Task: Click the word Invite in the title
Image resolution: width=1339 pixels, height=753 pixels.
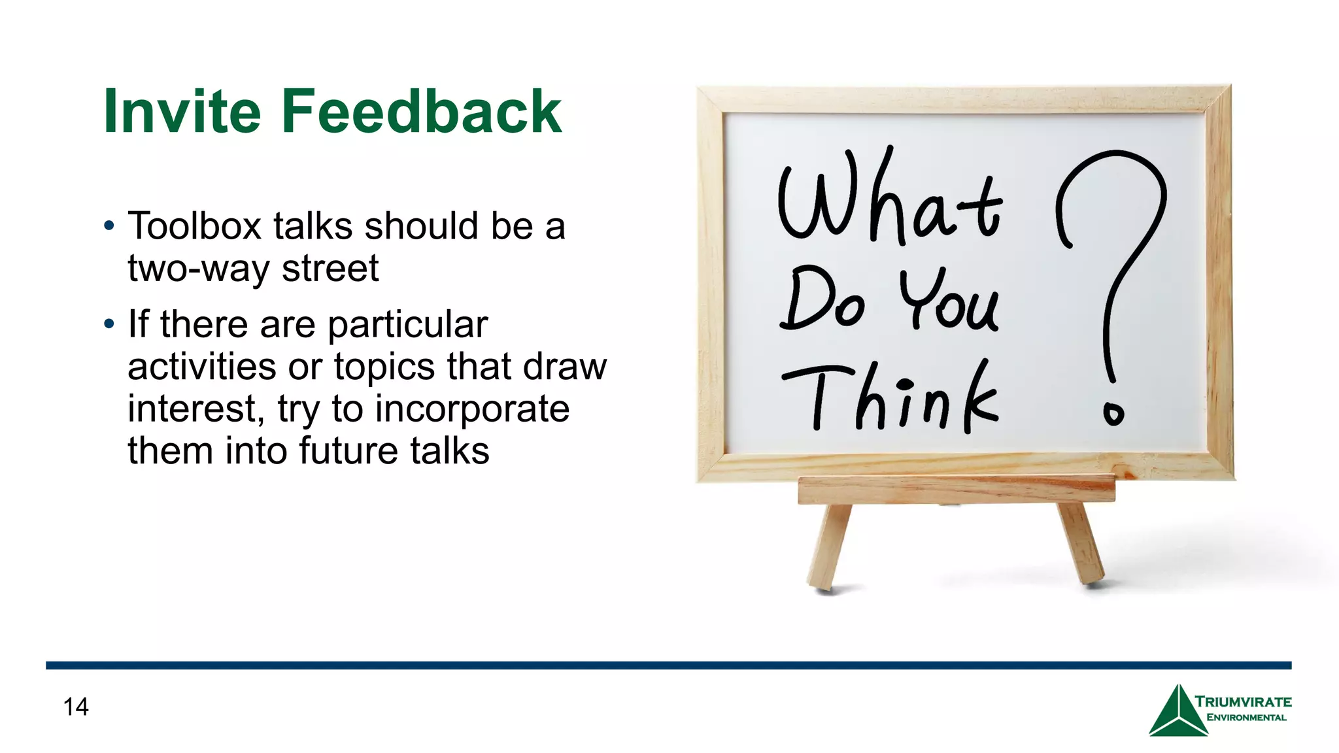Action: pos(182,112)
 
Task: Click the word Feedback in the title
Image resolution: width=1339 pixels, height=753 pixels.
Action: pos(422,112)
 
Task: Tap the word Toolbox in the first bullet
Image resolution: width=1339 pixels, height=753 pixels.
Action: pos(194,226)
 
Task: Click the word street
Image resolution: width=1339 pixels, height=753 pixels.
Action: pos(330,269)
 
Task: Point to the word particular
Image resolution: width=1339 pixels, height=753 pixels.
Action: pos(407,325)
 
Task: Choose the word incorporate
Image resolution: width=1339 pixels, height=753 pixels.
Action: pos(472,409)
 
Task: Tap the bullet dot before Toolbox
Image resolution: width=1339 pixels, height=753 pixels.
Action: pos(109,226)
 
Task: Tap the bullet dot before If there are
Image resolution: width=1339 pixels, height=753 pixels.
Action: pos(109,324)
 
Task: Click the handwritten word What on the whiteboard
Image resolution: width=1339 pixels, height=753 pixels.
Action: pos(889,199)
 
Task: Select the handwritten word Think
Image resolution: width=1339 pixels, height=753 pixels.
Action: pos(890,399)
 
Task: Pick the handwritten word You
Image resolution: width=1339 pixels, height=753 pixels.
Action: pos(949,301)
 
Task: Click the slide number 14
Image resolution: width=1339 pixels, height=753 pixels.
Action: pos(76,707)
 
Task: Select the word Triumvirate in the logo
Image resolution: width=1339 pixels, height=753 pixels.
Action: pos(1243,702)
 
